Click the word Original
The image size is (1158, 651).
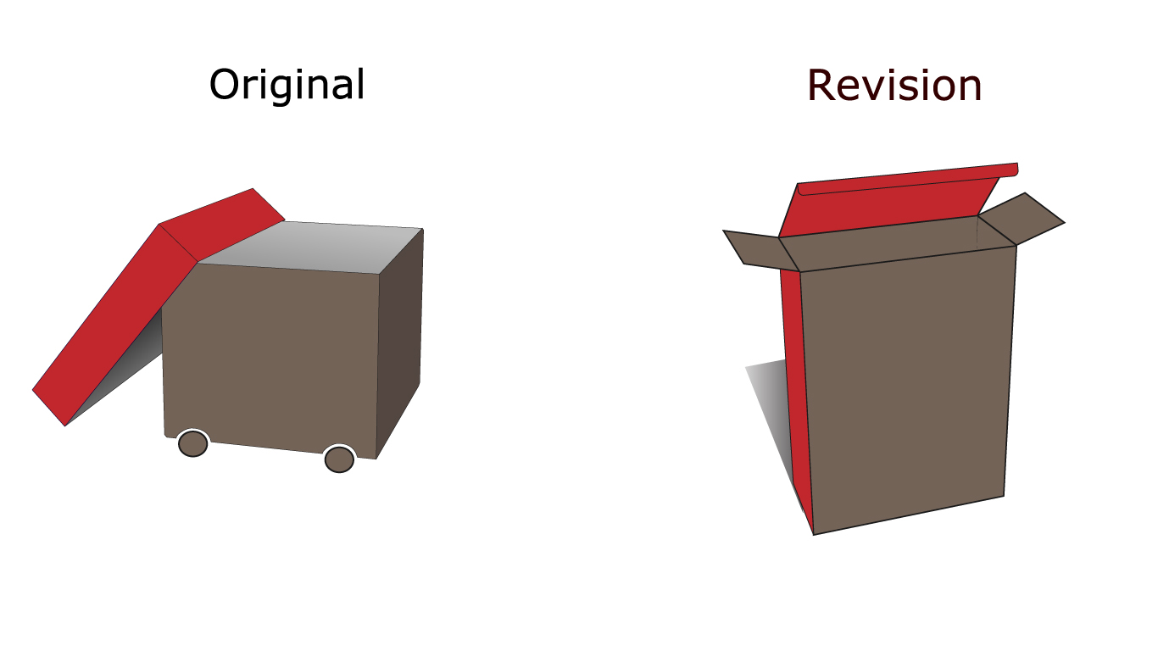(x=287, y=84)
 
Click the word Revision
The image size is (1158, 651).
(x=894, y=86)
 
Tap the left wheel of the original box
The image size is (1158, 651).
(x=192, y=443)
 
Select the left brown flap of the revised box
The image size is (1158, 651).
(x=757, y=250)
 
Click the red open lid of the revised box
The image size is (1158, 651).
(x=889, y=204)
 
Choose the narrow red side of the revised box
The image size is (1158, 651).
(x=796, y=398)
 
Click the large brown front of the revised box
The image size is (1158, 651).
(x=907, y=388)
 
